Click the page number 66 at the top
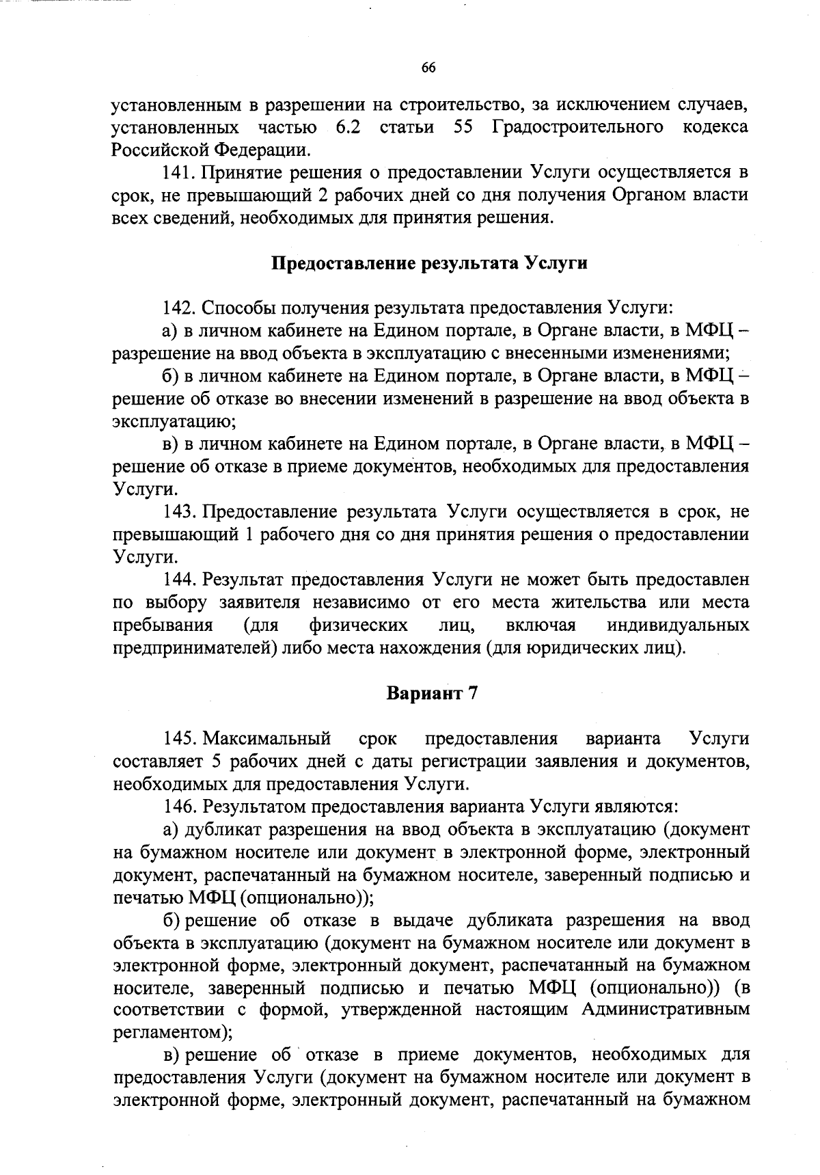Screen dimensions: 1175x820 [x=428, y=67]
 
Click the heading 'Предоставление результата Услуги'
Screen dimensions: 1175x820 [x=430, y=263]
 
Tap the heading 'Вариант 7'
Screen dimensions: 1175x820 [x=432, y=693]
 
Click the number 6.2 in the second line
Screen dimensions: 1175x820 [x=348, y=127]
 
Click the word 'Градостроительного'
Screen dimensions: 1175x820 [x=577, y=127]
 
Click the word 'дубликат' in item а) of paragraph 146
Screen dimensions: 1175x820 [x=222, y=829]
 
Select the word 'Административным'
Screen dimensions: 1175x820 [x=666, y=1010]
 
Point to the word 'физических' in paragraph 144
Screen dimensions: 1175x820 [x=359, y=625]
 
